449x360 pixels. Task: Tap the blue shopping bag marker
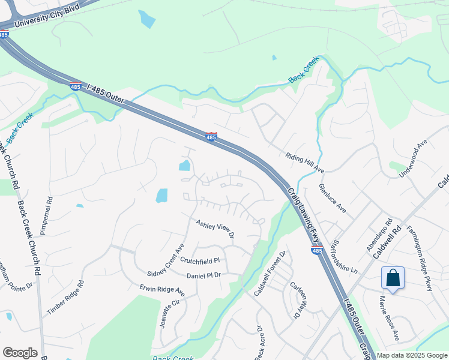click(393, 278)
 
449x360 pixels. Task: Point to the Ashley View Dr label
click(214, 228)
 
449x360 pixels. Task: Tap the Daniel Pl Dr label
click(204, 275)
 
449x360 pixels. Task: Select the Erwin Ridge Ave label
click(163, 290)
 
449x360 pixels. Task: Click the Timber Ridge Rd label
click(66, 297)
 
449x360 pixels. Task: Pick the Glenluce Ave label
click(333, 199)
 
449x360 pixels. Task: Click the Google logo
click(20, 353)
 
